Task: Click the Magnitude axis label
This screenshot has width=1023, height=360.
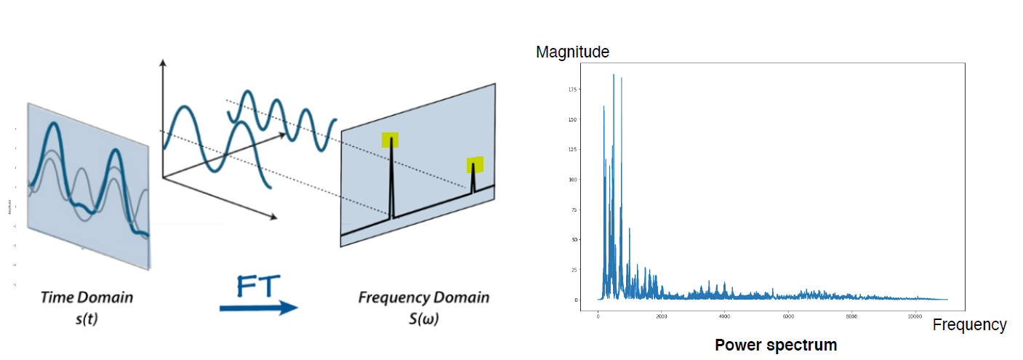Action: [572, 52]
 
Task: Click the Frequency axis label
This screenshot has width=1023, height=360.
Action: [969, 325]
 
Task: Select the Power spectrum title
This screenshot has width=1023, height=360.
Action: [776, 345]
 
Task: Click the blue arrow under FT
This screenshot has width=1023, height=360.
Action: [259, 308]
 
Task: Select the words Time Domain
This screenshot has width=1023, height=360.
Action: [87, 297]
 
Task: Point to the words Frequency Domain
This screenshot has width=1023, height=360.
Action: [423, 297]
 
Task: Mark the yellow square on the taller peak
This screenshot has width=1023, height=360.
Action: [390, 140]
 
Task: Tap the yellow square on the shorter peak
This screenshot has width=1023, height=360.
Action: [476, 164]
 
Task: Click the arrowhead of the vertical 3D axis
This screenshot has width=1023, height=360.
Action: [163, 64]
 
